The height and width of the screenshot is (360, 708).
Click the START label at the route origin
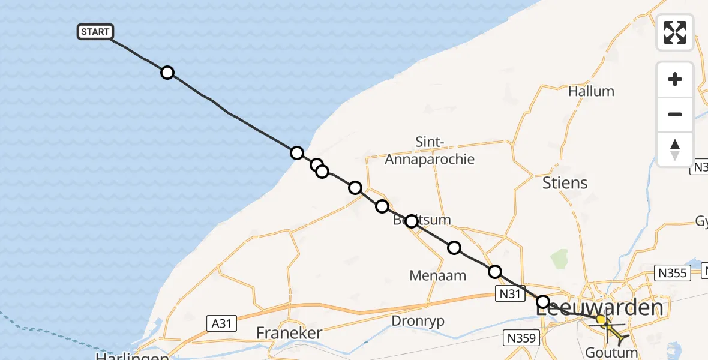95,32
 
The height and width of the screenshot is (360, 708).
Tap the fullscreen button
675,32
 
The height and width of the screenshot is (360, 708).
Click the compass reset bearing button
675,149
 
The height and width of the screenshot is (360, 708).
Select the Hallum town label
591,91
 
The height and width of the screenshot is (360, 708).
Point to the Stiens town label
565,182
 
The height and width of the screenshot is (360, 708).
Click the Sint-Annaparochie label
430,151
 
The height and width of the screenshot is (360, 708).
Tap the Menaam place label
437,275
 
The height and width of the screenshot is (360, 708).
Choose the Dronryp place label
418,321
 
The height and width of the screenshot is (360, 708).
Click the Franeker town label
289,332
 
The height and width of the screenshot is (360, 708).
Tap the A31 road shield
222,323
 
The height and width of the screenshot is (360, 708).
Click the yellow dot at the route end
601,320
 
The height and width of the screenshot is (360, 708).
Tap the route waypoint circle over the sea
167,73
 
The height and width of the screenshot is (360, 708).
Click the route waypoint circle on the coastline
296,153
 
